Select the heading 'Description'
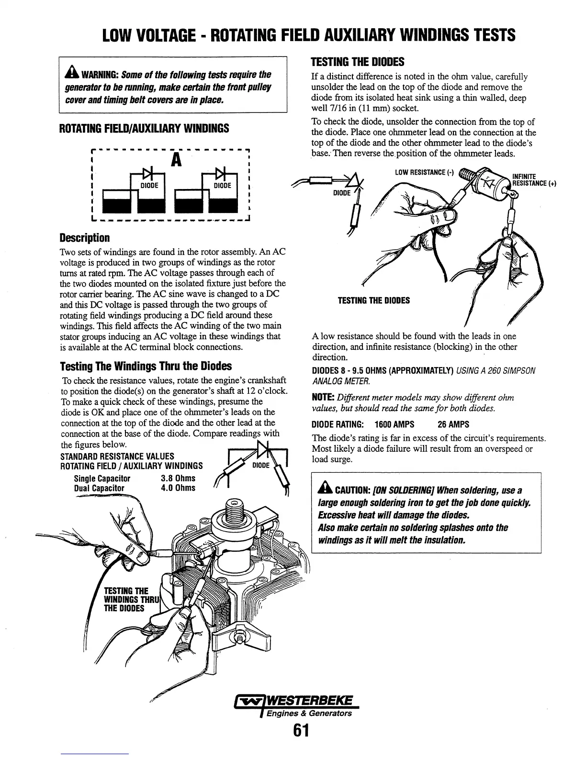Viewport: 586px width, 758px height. (x=85, y=238)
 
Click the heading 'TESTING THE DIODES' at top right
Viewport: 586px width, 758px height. (x=358, y=62)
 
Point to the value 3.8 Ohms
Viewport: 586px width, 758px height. (x=179, y=478)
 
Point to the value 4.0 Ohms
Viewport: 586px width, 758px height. (x=179, y=488)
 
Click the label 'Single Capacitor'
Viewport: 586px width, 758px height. (x=102, y=478)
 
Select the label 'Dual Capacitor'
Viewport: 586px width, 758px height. (x=99, y=488)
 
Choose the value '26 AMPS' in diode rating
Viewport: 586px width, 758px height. (x=453, y=424)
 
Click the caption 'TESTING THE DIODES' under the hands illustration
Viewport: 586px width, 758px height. (x=373, y=301)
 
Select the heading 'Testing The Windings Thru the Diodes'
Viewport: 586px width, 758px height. (x=146, y=366)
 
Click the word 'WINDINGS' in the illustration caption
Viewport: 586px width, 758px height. (x=122, y=600)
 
